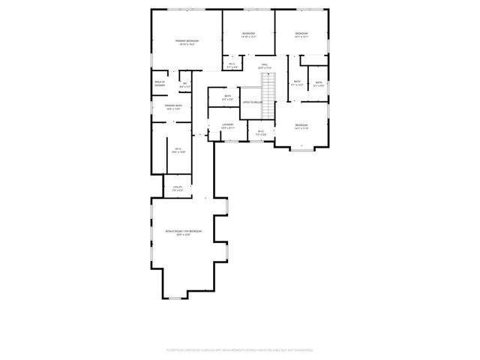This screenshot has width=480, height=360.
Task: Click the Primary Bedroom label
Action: point(187,41)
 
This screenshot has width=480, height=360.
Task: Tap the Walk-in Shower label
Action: point(160,83)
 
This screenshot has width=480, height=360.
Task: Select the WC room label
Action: point(184,84)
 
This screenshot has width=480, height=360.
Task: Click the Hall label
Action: point(265,64)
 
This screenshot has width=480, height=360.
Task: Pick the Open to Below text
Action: point(252,102)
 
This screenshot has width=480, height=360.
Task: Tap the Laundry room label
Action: point(227,124)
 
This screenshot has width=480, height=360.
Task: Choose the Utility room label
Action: point(178,187)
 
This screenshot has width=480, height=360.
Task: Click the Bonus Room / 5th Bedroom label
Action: point(184,231)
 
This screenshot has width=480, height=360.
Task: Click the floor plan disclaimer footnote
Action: point(239,349)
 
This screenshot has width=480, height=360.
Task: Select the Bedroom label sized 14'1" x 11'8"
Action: point(301,125)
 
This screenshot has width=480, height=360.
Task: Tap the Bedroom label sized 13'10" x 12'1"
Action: point(249,34)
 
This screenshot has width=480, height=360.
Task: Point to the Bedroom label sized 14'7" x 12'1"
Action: point(301,34)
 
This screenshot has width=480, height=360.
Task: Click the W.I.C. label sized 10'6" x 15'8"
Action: point(178,150)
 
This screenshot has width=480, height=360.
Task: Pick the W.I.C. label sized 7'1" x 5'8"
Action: point(261,133)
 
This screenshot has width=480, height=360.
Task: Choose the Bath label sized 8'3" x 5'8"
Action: point(228,97)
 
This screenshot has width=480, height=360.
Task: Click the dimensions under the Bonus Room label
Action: point(184,235)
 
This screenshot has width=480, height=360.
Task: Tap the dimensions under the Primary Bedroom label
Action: point(187,45)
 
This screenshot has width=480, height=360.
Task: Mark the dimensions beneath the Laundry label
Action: point(227,128)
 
